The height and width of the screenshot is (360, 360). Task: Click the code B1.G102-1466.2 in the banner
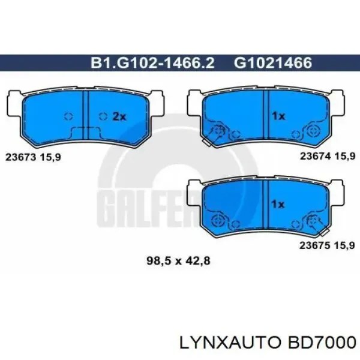tap(152, 62)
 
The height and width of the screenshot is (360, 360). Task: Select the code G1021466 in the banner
tap(273, 62)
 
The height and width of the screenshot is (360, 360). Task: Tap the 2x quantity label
tap(119, 117)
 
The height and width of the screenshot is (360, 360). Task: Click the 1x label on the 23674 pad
tap(278, 116)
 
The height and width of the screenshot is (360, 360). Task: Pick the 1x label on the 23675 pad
tap(278, 204)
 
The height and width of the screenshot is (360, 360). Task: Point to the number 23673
tap(20, 157)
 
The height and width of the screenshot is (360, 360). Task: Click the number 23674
tap(316, 157)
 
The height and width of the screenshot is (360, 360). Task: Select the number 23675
tap(315, 245)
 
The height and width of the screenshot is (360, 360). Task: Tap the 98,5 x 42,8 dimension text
tap(178, 261)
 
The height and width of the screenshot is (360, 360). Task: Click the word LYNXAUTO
tap(230, 343)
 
